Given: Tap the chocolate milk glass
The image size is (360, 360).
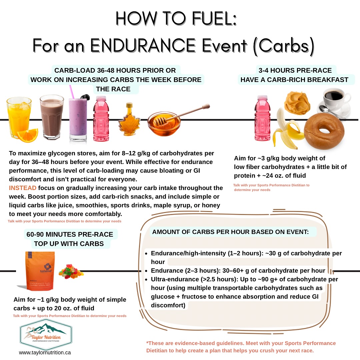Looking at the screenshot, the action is tap(52, 117).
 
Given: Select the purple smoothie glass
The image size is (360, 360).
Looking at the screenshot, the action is tap(78, 119).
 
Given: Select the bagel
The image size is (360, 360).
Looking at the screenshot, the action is tap(324, 131).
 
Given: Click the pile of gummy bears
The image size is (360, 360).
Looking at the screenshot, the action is tap(71, 271).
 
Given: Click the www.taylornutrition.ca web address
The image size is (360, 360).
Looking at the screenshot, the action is tap(45, 353).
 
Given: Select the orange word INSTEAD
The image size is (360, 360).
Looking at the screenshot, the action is tap(23, 188).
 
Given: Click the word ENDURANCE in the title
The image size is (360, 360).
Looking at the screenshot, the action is tap(143, 45).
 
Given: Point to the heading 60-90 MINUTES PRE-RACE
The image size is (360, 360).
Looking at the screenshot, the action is tap(70, 234).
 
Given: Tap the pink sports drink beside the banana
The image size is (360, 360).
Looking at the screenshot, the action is tap(262, 118).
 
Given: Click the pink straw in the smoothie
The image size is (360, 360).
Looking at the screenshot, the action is tap(72, 92).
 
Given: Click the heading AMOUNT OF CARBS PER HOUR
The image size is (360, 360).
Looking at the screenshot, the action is tap(230, 232).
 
